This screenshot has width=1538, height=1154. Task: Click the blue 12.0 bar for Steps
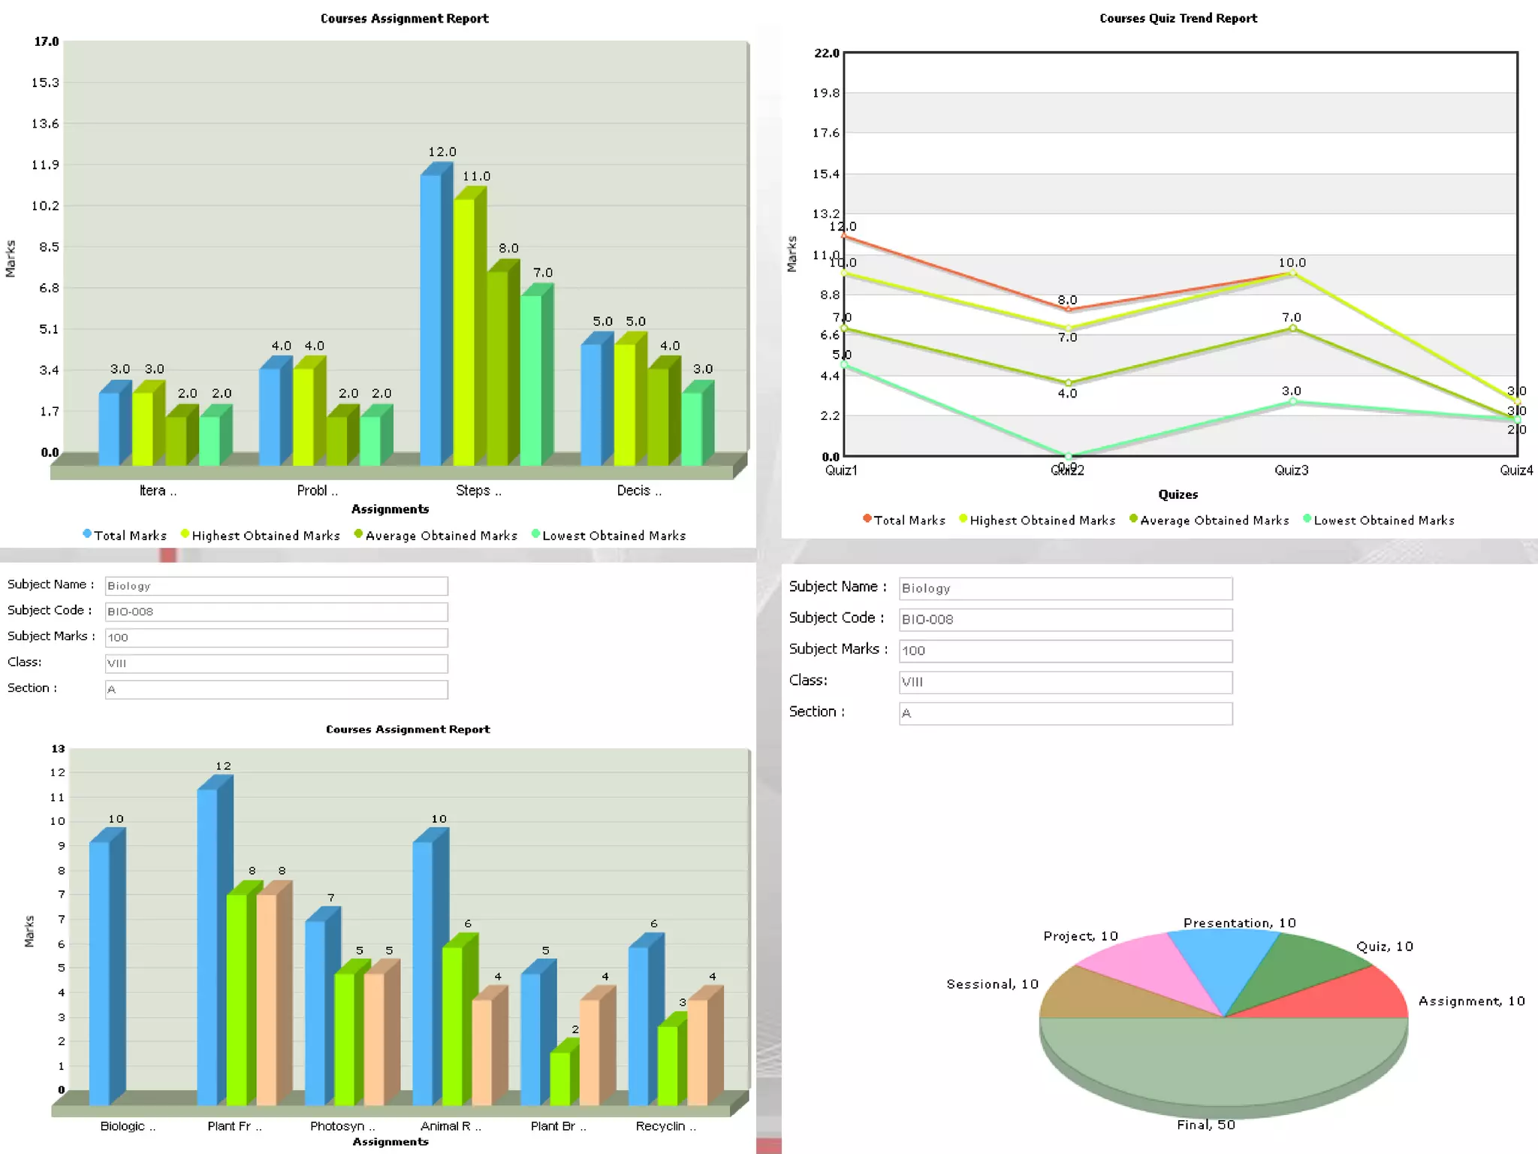tap(430, 319)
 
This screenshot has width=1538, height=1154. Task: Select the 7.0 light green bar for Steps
tap(531, 379)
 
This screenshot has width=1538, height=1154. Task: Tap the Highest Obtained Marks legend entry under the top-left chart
tap(265, 536)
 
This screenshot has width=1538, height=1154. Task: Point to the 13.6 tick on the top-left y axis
tap(45, 124)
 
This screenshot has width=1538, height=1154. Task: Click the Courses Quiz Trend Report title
tap(1178, 18)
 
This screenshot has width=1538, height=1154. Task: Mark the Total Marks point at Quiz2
tap(1068, 309)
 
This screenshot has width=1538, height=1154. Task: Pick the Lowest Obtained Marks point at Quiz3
tap(1292, 402)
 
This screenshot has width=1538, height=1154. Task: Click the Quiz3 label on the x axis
tap(1291, 470)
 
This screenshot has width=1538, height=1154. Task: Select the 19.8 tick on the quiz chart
tap(826, 93)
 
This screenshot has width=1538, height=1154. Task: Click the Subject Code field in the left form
tap(276, 612)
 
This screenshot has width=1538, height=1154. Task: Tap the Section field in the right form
tap(1065, 713)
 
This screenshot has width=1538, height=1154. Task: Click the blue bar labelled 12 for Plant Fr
tap(207, 947)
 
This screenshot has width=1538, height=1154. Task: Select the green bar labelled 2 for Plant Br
tap(560, 1077)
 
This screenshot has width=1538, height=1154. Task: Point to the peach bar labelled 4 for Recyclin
tap(698, 1052)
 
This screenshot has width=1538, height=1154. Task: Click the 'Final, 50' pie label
tap(1205, 1125)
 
